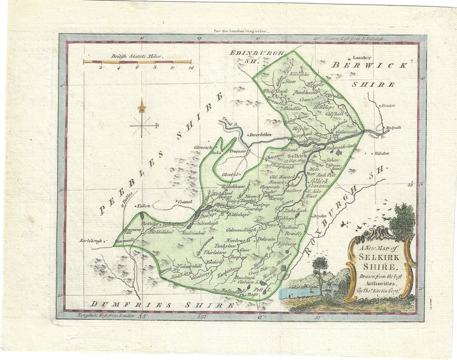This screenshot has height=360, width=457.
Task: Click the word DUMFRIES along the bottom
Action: click(x=118, y=306)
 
